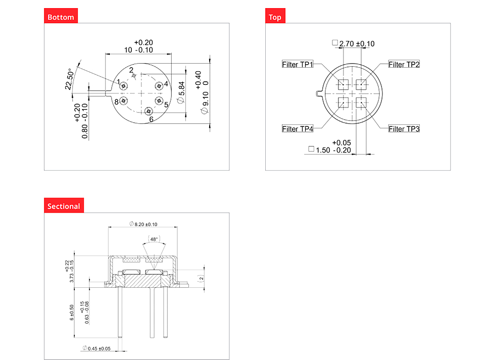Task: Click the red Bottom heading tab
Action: point(61,16)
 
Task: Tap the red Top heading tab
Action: point(275,16)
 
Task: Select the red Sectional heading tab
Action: point(64,205)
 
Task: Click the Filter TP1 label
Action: point(298,64)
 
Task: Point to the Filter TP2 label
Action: point(404,64)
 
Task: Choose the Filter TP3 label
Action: point(404,129)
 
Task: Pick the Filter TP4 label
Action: point(298,129)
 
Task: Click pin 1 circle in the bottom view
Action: point(123,86)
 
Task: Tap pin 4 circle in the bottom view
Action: point(159,86)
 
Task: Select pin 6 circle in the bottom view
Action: point(149,111)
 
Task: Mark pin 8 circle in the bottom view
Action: point(123,100)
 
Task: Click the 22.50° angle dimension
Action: point(70,79)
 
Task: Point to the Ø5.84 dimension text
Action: point(181,92)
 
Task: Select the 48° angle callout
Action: point(154,239)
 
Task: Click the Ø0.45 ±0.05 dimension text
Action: point(96,348)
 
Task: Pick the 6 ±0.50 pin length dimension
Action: point(72,313)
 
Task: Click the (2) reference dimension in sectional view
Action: point(202,278)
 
